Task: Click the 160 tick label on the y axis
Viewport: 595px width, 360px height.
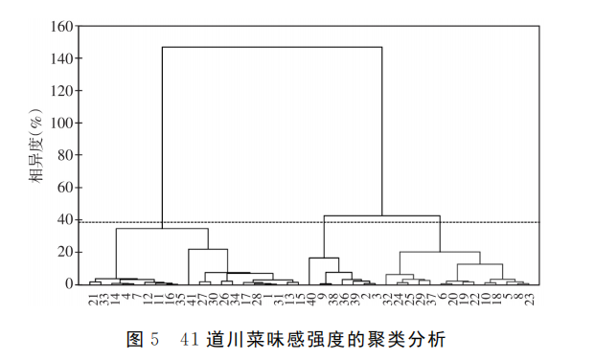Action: click(59, 27)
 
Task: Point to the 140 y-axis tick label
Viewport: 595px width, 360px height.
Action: click(59, 59)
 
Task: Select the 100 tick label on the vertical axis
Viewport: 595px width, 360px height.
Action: click(59, 124)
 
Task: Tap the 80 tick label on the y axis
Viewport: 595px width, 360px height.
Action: click(63, 156)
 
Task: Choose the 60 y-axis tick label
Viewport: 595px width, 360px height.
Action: click(63, 188)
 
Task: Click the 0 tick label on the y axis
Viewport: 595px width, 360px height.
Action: click(67, 284)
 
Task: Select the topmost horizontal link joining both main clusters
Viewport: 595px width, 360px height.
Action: click(272, 47)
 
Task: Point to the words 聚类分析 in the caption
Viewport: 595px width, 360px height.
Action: click(409, 340)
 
